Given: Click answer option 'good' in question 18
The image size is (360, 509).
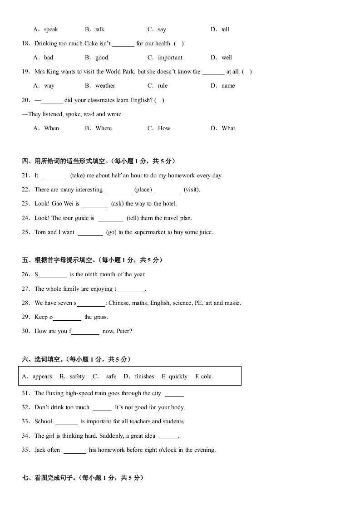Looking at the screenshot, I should coord(102,58).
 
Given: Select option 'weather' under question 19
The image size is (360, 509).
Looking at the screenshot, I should coord(105,86).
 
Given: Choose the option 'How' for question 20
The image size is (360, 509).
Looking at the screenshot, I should coord(164,128).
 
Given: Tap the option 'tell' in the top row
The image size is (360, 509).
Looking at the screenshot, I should coord(225,29).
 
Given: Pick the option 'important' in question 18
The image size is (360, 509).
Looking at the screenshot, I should coord(170,58).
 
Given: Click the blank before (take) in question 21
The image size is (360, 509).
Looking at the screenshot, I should coord(54,176).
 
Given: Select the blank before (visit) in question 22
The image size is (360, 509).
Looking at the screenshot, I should coord(168,190).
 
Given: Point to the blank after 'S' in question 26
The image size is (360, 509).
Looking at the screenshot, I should coord(53,275).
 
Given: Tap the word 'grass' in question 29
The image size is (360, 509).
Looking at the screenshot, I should coord(101,317).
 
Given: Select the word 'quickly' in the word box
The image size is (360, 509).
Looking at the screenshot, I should coord(178,377).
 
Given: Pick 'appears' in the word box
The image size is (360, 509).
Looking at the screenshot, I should coord(42,377).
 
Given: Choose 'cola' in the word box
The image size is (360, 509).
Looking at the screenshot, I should coord(207,377).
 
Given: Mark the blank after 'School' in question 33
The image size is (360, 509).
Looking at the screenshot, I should coord(66,422).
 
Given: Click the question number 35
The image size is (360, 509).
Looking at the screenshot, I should coord(25,450).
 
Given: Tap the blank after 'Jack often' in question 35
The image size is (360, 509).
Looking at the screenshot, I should coord(74,450).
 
